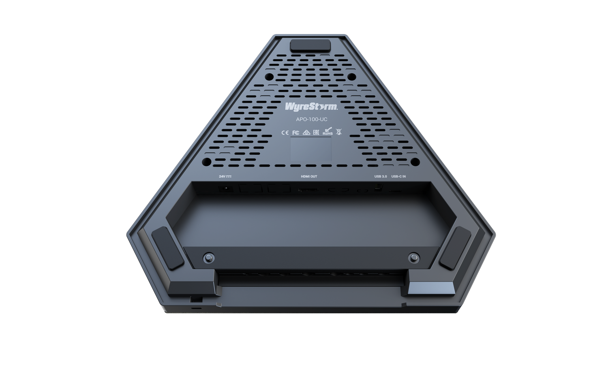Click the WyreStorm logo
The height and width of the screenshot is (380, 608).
tap(311, 106)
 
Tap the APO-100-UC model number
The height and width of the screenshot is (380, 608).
tap(312, 120)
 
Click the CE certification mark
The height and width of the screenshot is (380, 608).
tap(285, 132)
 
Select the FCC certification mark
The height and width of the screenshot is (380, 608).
tap(295, 132)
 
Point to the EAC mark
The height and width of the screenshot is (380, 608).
tap(316, 132)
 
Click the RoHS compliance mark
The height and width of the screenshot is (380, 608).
tap(328, 131)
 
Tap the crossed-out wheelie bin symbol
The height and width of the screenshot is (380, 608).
tap(339, 132)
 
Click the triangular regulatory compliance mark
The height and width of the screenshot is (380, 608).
tap(306, 132)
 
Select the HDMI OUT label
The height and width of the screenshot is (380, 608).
tap(309, 177)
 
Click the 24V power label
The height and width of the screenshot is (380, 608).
tap(225, 177)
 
